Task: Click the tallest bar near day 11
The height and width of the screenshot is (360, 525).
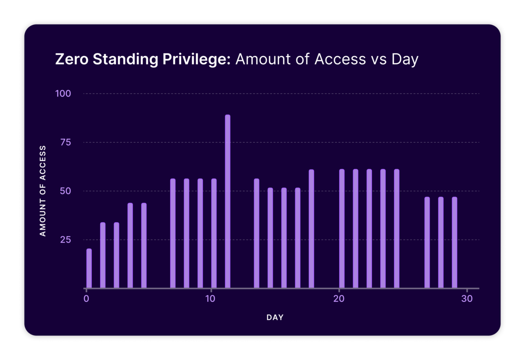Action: [227, 201]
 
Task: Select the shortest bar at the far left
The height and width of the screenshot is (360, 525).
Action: [89, 269]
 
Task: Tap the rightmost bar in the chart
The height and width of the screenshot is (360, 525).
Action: [455, 243]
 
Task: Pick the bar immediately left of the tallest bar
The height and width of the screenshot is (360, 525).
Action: [214, 234]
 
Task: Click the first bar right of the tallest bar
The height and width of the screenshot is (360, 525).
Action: [256, 234]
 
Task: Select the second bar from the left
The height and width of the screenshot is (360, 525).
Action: [103, 255]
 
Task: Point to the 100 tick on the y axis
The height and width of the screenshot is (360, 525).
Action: [63, 94]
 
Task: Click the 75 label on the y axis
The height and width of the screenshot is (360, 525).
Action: [65, 142]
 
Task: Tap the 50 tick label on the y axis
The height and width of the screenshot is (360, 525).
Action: [65, 191]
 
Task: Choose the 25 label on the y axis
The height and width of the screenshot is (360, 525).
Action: [65, 240]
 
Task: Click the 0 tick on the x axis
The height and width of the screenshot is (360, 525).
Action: [86, 299]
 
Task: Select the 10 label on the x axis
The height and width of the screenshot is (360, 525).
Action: [211, 299]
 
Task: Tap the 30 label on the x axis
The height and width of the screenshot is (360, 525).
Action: [467, 299]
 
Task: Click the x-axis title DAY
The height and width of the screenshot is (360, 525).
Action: [275, 318]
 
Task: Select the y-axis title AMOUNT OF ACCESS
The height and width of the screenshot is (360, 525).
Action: [43, 191]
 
